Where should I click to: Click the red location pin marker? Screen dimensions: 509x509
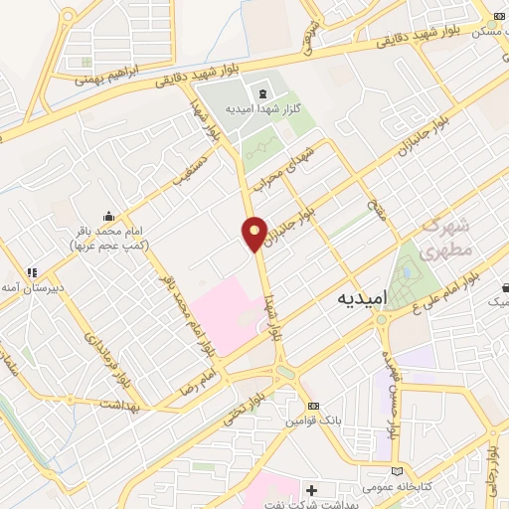[254, 233]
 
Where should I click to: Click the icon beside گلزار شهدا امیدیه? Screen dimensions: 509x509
[261, 95]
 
